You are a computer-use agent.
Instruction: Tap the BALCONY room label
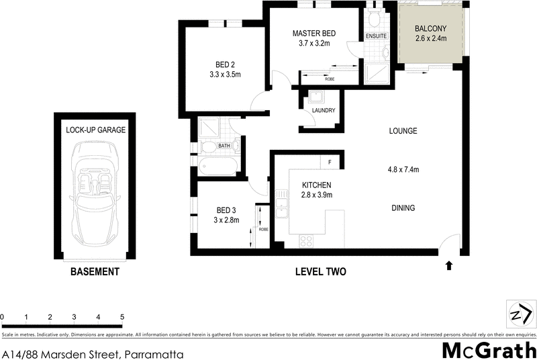tap(430, 28)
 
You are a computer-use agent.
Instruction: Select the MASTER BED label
tap(313, 34)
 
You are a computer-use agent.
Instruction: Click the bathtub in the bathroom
tap(218, 166)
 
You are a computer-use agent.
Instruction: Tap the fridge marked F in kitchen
tap(330, 163)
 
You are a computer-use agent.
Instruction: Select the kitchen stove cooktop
tap(306, 240)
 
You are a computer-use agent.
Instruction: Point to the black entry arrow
tap(448, 265)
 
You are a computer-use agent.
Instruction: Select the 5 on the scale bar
tap(122, 316)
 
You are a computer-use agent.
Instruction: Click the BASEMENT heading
tap(95, 272)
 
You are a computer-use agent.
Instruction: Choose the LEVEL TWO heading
tap(320, 272)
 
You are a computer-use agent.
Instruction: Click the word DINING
tap(403, 208)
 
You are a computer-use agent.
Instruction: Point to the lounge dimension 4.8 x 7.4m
tap(403, 169)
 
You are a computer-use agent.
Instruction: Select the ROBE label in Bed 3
tap(263, 229)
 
